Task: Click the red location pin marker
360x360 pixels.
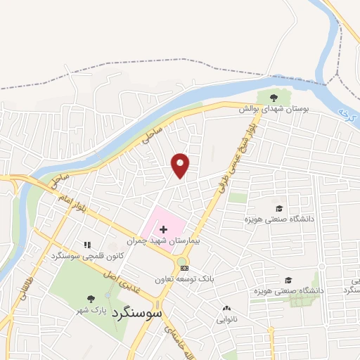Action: point(181,165)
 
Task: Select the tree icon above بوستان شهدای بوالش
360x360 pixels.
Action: point(274,98)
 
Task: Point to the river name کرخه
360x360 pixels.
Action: point(344,112)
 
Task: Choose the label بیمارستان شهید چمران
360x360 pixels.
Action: point(165,240)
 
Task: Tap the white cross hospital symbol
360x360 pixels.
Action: point(163,229)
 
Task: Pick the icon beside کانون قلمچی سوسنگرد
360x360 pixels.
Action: point(88,245)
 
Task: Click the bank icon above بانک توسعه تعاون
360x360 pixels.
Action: point(184,268)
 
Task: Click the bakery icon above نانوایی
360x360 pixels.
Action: point(226,308)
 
